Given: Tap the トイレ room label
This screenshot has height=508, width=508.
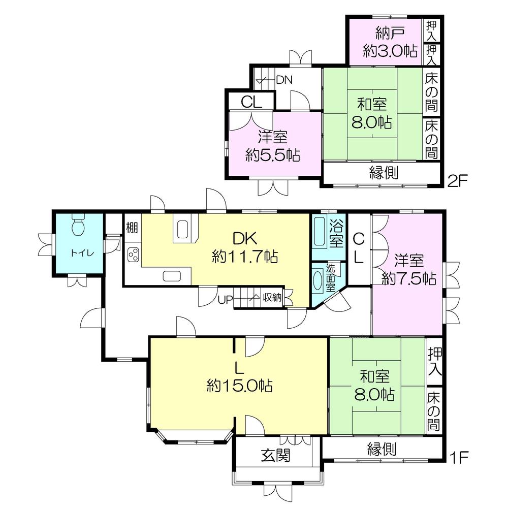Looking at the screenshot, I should point(78,252).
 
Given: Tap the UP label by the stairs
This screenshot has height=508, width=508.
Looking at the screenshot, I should point(225,299).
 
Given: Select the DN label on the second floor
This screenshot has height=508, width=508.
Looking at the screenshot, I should point(284,80).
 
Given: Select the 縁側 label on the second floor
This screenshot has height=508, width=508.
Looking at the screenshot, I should point(383,173).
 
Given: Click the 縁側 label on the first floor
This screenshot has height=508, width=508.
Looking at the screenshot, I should point(382,449).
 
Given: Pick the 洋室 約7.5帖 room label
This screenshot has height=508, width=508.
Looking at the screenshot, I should point(408,269).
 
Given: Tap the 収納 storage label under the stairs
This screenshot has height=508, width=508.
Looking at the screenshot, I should point(272,298).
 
